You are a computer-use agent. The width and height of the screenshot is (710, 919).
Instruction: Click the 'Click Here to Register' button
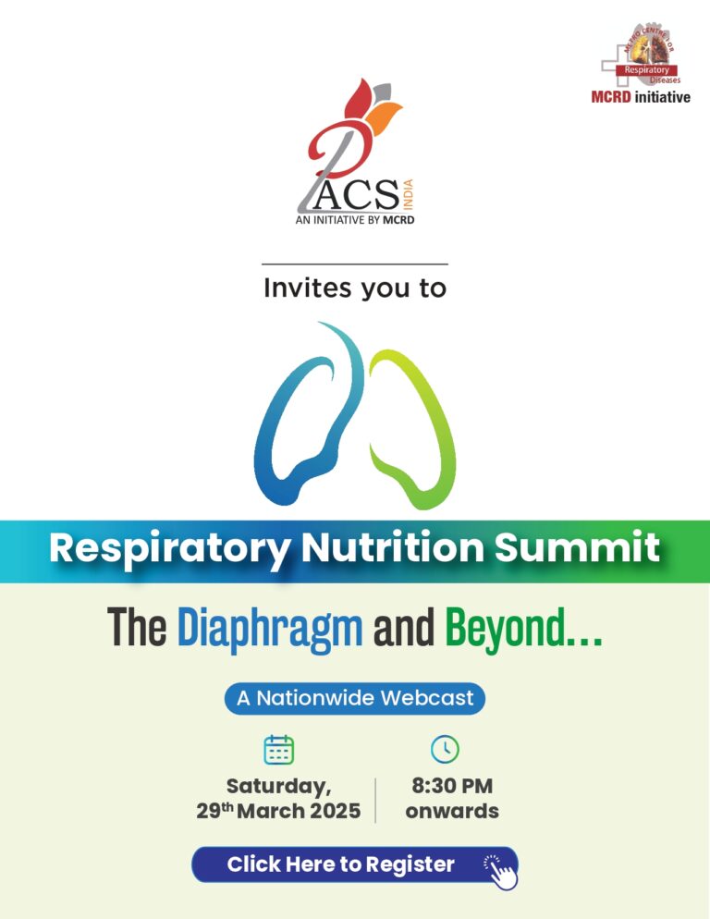click(342, 865)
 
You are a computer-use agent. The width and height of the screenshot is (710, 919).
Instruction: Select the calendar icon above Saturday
click(278, 750)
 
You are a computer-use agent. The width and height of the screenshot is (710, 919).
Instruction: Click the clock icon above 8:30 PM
click(445, 749)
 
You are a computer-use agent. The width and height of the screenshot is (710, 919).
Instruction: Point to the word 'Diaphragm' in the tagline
click(269, 629)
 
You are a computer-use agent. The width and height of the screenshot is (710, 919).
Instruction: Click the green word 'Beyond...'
click(523, 630)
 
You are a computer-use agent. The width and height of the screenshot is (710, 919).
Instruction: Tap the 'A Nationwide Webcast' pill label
click(354, 698)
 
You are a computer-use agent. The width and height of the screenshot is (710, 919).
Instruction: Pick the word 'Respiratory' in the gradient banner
click(168, 548)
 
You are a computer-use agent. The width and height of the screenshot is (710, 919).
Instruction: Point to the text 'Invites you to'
click(354, 288)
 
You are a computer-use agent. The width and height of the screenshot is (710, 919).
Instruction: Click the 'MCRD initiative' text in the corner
click(641, 96)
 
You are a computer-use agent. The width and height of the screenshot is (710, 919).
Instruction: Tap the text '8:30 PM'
click(451, 787)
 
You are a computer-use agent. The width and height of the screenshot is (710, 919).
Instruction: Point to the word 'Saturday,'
click(278, 787)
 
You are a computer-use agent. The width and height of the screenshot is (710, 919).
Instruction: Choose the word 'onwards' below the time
click(451, 812)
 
